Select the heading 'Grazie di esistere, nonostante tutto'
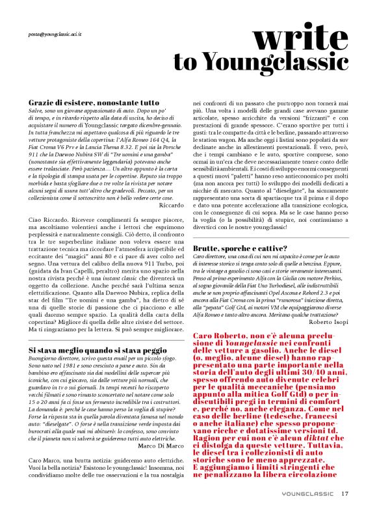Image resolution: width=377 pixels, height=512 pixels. (94, 103)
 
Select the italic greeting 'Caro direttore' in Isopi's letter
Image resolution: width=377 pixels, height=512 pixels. (212, 258)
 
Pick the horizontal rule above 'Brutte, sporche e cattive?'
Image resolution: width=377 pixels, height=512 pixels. (271, 237)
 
